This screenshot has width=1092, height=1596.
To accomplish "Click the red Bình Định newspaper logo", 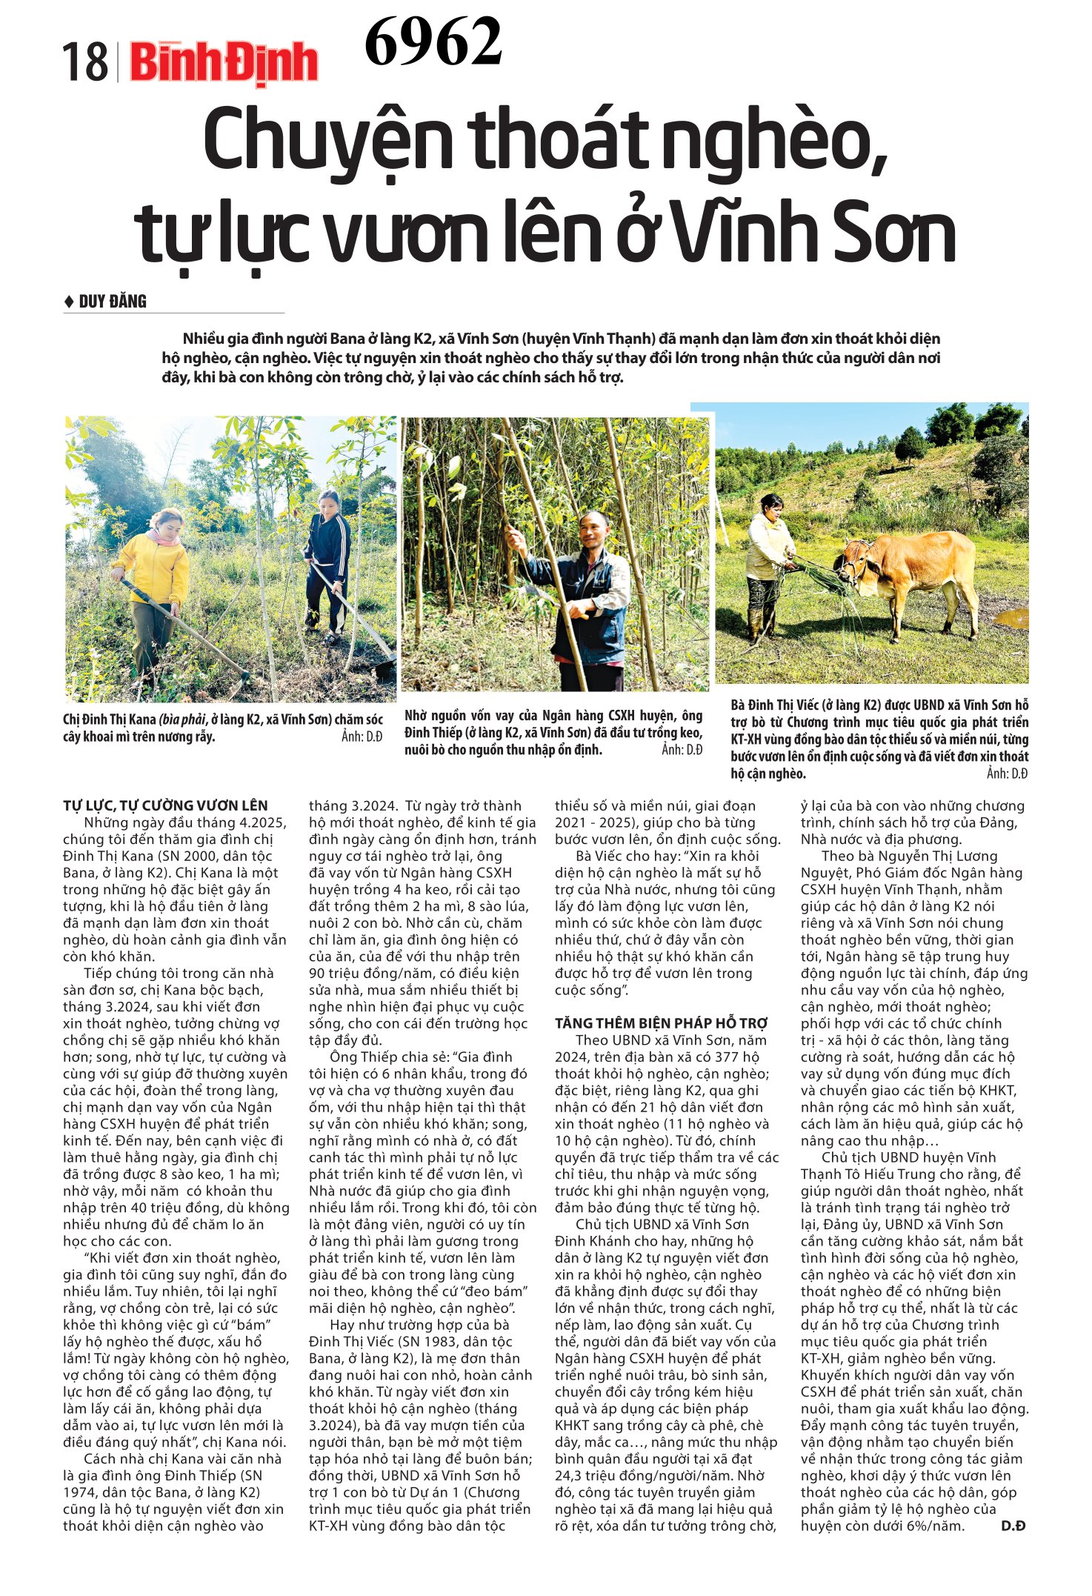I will click(x=224, y=62).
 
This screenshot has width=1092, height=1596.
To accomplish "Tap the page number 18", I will click(x=84, y=63).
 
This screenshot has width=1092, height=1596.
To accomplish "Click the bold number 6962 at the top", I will click(x=433, y=41).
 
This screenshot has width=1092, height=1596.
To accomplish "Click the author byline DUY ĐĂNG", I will click(x=113, y=302).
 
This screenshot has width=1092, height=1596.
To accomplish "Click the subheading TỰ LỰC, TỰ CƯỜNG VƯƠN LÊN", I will click(x=165, y=805).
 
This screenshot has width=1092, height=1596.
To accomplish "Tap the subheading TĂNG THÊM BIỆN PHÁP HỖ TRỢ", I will click(x=661, y=1023).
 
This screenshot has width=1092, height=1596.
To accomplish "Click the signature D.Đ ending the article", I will click(x=1013, y=1526).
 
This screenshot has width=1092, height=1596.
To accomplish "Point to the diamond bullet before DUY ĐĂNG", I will click(x=69, y=302).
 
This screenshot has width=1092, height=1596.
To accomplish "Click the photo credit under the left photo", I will click(x=362, y=737).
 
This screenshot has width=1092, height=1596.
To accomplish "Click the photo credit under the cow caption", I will click(x=1007, y=774).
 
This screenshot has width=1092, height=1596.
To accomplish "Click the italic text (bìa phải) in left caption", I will click(x=182, y=719).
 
